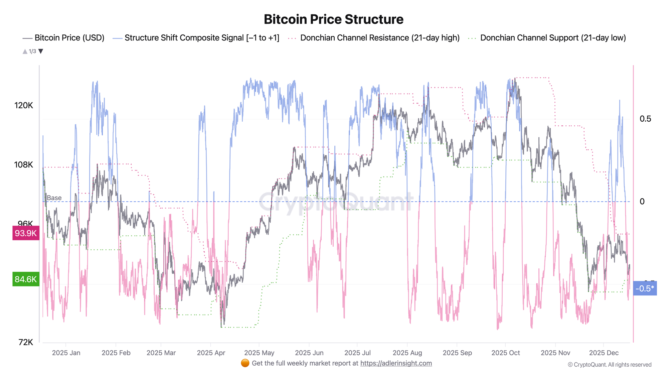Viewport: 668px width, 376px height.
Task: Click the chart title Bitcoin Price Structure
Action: (333, 19)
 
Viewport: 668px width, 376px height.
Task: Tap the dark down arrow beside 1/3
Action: (41, 51)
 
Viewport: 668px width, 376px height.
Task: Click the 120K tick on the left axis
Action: (24, 106)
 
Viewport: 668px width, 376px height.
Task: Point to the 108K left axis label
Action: (24, 165)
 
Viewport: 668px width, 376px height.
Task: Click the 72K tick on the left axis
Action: (26, 342)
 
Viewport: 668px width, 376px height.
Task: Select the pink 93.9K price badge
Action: (26, 233)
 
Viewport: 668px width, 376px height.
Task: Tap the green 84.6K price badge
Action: (26, 279)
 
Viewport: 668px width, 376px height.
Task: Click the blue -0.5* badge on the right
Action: (645, 288)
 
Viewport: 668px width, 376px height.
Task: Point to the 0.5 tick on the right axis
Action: (645, 119)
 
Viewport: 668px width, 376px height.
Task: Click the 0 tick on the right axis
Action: (642, 202)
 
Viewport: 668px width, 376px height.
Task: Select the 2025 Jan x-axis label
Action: (66, 353)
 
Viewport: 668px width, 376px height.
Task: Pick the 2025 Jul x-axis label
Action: (357, 353)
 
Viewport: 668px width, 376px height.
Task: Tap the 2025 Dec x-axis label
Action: (604, 353)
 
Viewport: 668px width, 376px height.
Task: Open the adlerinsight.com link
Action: (396, 363)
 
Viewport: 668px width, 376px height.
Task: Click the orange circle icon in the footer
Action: (245, 363)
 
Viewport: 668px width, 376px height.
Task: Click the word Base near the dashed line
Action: (54, 198)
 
